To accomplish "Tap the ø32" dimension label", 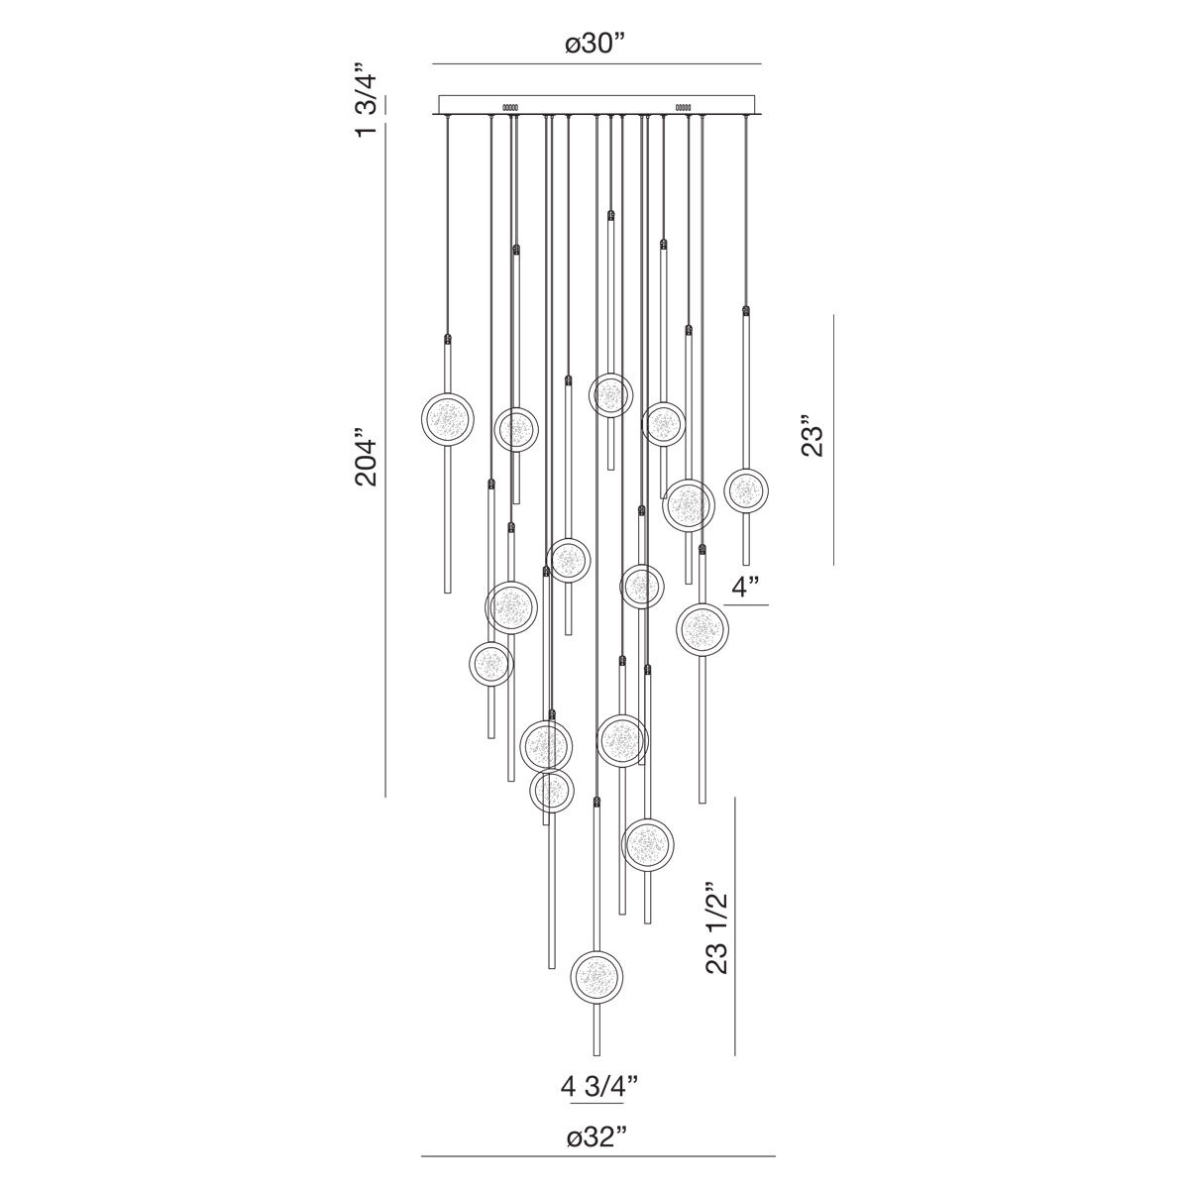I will point(597,1136).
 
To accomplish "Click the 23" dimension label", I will point(812,440).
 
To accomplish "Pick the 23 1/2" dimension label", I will point(717,931).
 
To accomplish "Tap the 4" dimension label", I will point(744,588).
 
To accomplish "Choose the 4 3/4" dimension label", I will point(597,1085).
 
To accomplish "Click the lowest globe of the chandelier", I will point(597,977).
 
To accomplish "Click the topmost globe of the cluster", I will point(610,394).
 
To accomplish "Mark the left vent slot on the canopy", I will point(511,105).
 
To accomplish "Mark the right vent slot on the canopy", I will point(683,105).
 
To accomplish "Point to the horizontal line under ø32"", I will point(597,1155).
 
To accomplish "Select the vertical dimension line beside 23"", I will point(833,440).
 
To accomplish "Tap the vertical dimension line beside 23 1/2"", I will point(734,925).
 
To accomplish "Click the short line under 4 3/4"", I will point(597,1103).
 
